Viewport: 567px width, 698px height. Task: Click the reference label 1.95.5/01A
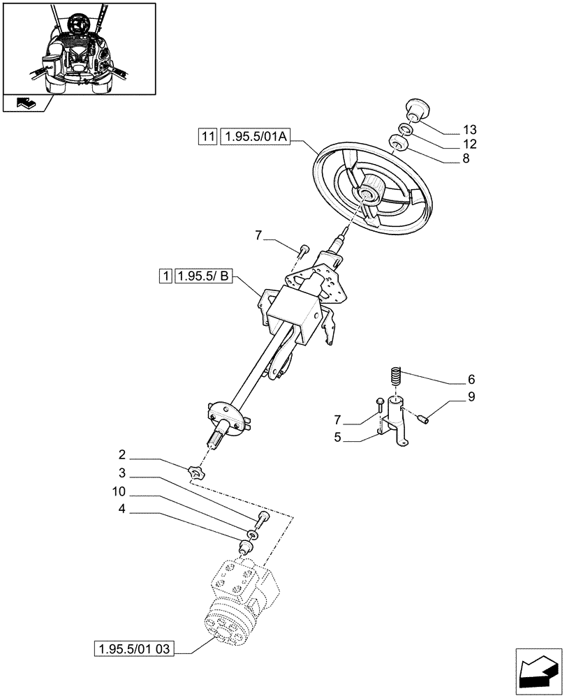tap(253, 137)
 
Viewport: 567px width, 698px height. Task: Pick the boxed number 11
tap(207, 137)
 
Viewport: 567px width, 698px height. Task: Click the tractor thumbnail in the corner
tap(79, 49)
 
